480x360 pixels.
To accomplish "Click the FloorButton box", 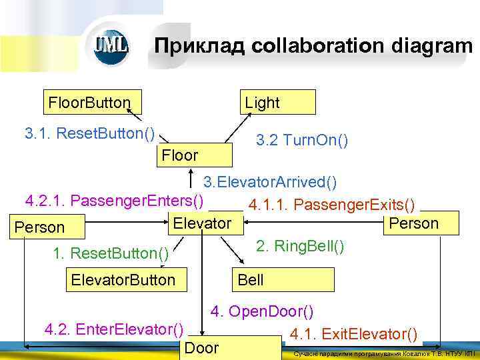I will coord(89,103).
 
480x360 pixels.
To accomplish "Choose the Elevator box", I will coord(201,223).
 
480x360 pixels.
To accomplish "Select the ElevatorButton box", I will coord(126,279).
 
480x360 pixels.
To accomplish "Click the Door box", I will coord(230,347).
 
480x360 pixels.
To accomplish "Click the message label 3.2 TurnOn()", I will coord(302,140).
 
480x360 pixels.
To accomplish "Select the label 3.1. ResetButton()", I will coord(89,133).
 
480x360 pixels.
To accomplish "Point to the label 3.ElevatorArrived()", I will coord(270,182).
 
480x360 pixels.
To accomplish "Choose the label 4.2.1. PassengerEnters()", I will coord(114,200).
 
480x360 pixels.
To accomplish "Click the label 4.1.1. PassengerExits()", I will coord(331,203).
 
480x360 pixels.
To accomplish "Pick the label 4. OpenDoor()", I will coord(262,311).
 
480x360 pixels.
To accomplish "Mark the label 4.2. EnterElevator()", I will coord(113,329).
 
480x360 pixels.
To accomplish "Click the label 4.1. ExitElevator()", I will coord(354,333).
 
